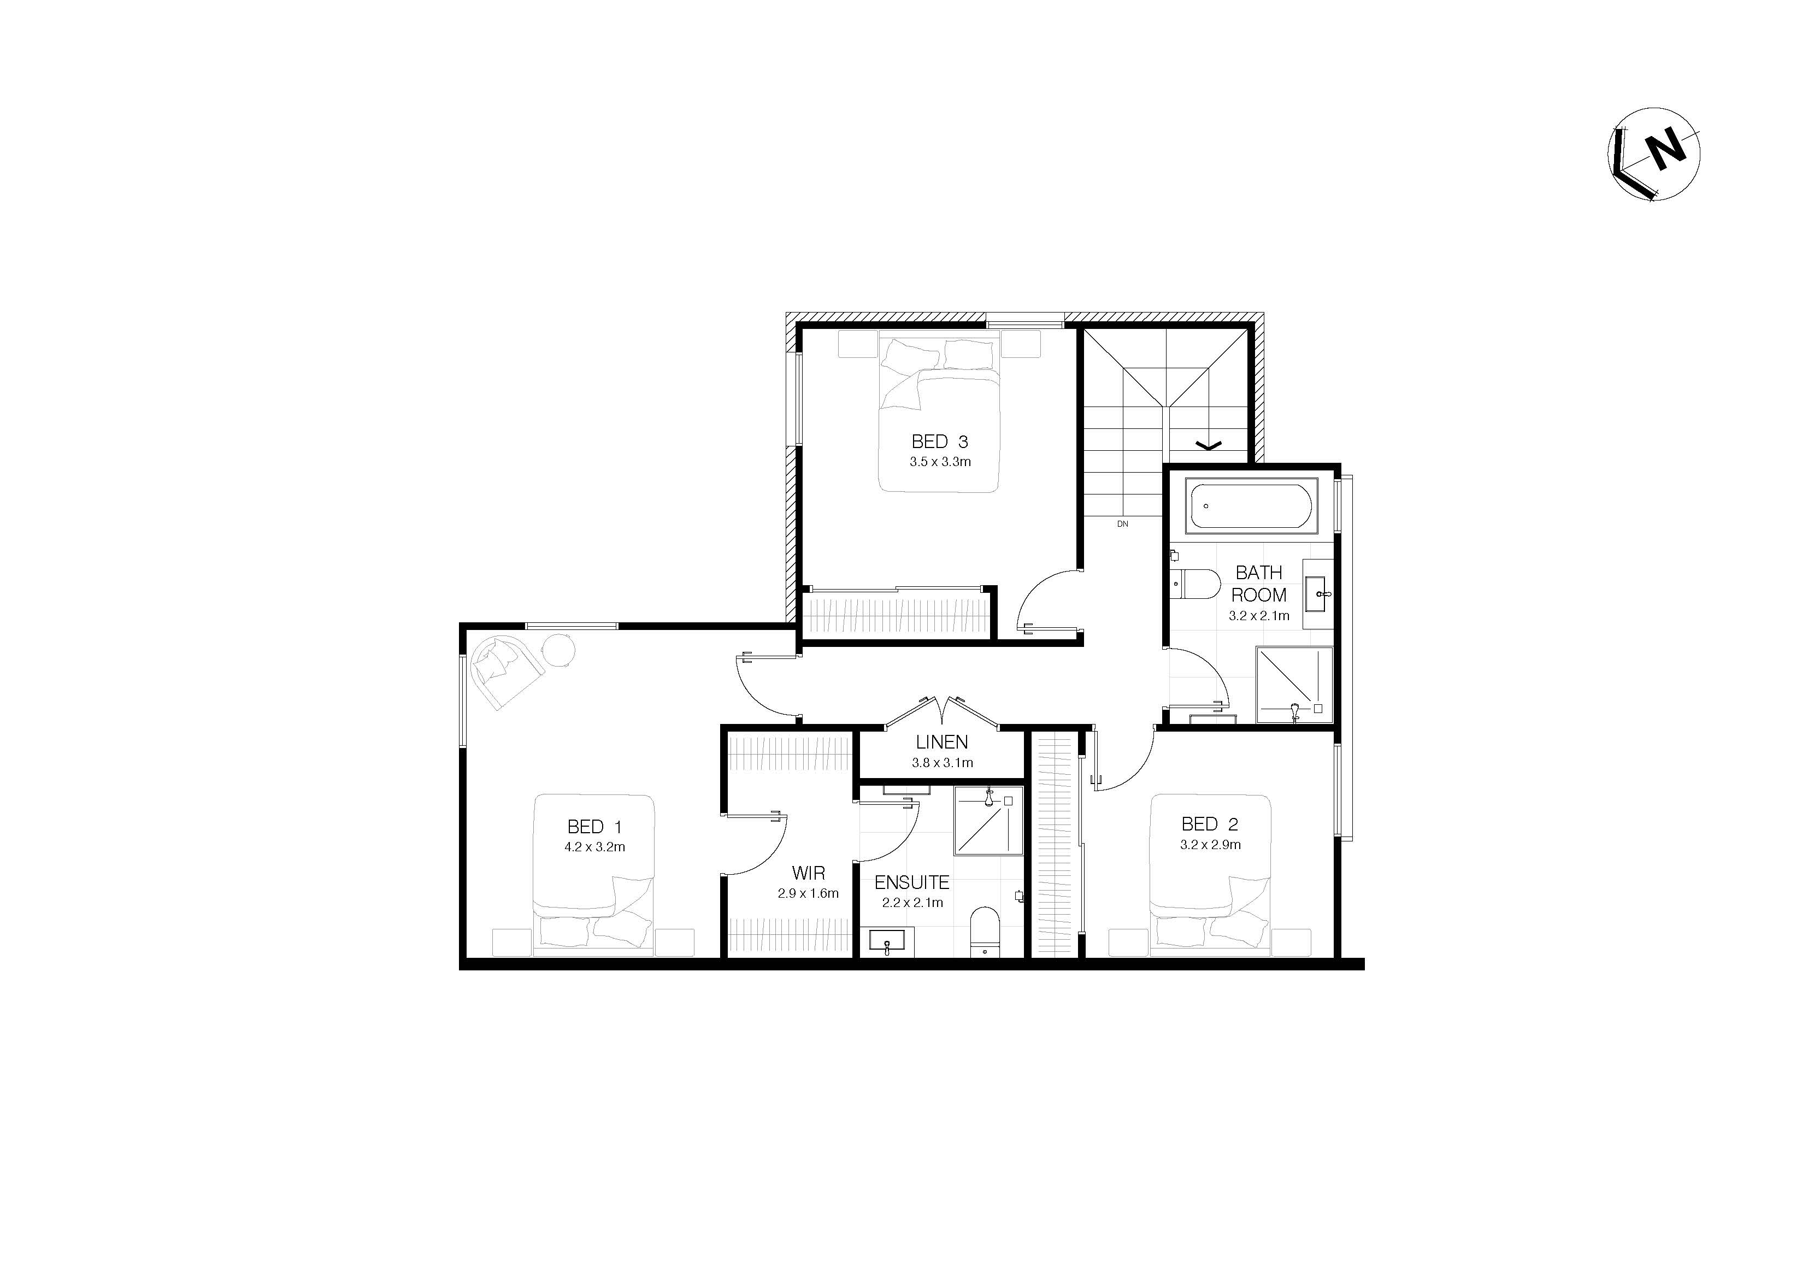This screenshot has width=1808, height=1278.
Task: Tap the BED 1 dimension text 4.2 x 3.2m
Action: point(594,847)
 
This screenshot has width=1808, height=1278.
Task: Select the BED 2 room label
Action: point(1210,824)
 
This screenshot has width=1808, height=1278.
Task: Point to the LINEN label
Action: point(942,742)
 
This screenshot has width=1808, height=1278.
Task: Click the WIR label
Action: point(808,873)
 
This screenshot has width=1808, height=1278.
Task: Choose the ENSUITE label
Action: point(912,883)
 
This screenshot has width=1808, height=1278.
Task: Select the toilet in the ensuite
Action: point(983,932)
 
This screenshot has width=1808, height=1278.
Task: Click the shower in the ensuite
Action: point(988,821)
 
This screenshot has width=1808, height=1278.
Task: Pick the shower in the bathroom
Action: point(1293,684)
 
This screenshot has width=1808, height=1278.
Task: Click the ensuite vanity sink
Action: point(887,942)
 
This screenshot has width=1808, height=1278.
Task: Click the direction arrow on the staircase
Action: point(1209,446)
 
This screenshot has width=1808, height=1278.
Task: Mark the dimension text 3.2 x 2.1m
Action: point(1259,616)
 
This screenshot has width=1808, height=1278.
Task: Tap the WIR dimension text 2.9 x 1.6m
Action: point(808,893)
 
